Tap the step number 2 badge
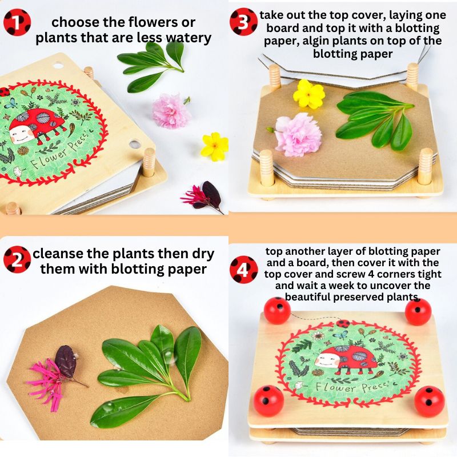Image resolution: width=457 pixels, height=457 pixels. [x=17, y=260]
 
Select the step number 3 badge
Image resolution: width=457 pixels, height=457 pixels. [x=243, y=22]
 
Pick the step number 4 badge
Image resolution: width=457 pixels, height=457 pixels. [x=244, y=268]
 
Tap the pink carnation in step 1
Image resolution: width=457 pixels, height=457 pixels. [x=170, y=110]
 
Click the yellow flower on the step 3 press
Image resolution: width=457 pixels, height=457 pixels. [x=309, y=94]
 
